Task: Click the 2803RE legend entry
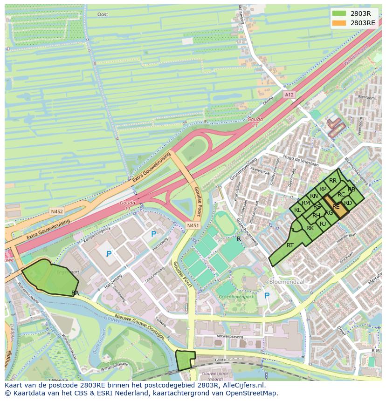[x=354, y=23]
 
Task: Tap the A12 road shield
[x=289, y=95]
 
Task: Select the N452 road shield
[x=57, y=211]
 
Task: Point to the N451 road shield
[x=193, y=225]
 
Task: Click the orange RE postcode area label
[x=336, y=206]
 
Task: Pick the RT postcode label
[x=290, y=245]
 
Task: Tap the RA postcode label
[x=75, y=292]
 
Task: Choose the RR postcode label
[x=332, y=181]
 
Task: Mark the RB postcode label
[x=352, y=189]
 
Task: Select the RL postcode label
[x=297, y=210]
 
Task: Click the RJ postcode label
[x=323, y=224]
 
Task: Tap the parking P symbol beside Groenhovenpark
[x=267, y=296]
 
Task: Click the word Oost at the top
[x=103, y=14]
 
